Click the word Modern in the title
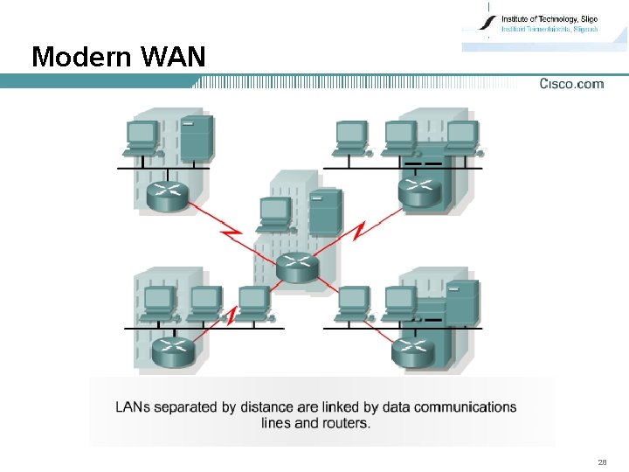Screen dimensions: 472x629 80,58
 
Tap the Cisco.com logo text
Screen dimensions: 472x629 571,84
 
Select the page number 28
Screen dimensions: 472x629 602,462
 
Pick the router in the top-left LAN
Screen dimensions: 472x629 167,195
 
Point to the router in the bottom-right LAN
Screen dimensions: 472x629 412,351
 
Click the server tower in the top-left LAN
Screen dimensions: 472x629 197,137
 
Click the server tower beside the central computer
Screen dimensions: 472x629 326,211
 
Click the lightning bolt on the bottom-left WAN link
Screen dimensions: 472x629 231,315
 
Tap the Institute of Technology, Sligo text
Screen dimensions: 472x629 549,18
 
